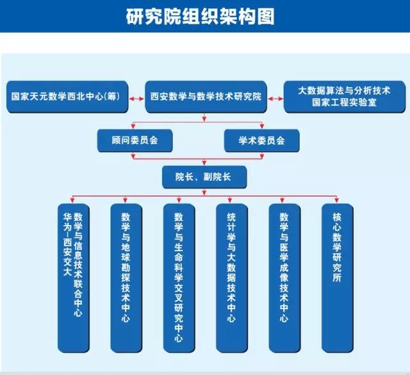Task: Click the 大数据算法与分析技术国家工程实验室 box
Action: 344,96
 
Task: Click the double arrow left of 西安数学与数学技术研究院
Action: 136,98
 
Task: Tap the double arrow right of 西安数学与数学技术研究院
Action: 275,98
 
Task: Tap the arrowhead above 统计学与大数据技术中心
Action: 231,200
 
